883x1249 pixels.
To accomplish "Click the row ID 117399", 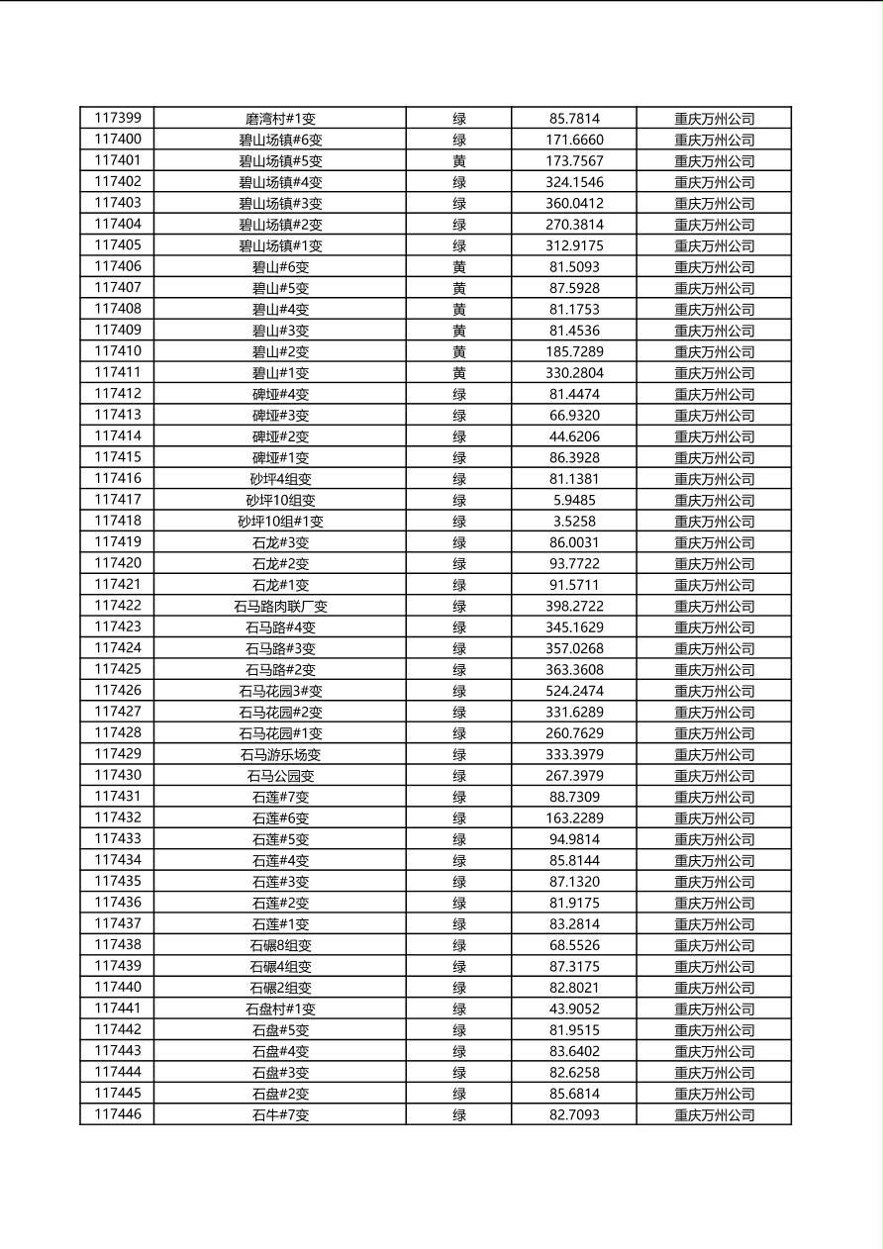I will pyautogui.click(x=117, y=118).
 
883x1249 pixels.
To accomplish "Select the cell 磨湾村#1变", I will pyautogui.click(x=280, y=119).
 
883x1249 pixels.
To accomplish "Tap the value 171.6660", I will pyautogui.click(x=574, y=140).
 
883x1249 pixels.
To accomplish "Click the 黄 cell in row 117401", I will pyautogui.click(x=459, y=160).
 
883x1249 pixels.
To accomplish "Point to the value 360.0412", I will pyautogui.click(x=574, y=203).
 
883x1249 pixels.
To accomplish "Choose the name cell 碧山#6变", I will pyautogui.click(x=280, y=266).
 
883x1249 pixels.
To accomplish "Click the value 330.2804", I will pyautogui.click(x=574, y=372).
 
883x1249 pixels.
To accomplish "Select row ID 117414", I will pyautogui.click(x=117, y=435).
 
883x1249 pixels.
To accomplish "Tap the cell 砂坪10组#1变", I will pyautogui.click(x=280, y=521).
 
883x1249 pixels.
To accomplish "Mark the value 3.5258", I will pyautogui.click(x=574, y=521).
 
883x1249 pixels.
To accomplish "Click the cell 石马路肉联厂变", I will pyautogui.click(x=280, y=606).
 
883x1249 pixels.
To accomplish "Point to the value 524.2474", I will pyautogui.click(x=574, y=691).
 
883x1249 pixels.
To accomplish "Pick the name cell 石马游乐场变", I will pyautogui.click(x=280, y=754).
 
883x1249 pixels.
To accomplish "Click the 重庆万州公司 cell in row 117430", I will pyautogui.click(x=714, y=776).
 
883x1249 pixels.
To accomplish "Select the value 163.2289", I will pyautogui.click(x=574, y=817).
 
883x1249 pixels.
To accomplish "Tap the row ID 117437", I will pyautogui.click(x=117, y=923).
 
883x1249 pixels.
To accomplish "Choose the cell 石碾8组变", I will pyautogui.click(x=280, y=945).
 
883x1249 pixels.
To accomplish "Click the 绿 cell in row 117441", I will pyautogui.click(x=459, y=1009).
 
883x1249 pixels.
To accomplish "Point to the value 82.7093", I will pyautogui.click(x=574, y=1114).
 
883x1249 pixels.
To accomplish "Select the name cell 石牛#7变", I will pyautogui.click(x=280, y=1115).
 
